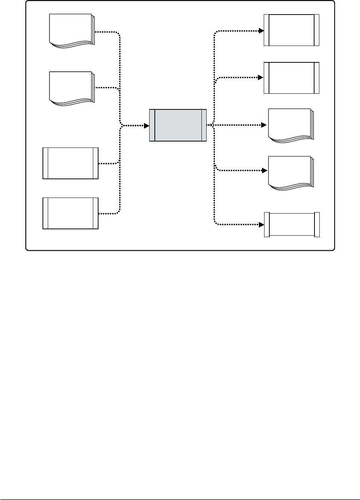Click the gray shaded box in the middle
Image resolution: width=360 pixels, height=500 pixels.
[178, 125]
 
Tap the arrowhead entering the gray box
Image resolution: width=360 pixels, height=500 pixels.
[147, 126]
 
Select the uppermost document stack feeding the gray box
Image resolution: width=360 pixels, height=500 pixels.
[71, 30]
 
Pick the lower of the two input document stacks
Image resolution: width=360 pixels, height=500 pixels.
[71, 88]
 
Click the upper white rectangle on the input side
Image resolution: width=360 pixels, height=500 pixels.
[71, 163]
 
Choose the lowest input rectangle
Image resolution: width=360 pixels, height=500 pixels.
[71, 213]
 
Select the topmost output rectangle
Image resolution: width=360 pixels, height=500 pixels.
[291, 30]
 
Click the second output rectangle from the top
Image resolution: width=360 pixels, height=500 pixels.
[291, 78]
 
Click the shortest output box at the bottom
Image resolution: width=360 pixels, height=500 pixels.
[292, 224]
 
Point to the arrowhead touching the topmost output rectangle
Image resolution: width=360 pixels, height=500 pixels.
[262, 31]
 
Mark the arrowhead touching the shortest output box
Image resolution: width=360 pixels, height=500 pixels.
[262, 225]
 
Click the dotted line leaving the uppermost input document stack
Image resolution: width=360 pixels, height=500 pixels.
[108, 32]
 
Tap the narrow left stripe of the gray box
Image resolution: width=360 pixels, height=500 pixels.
[152, 125]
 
